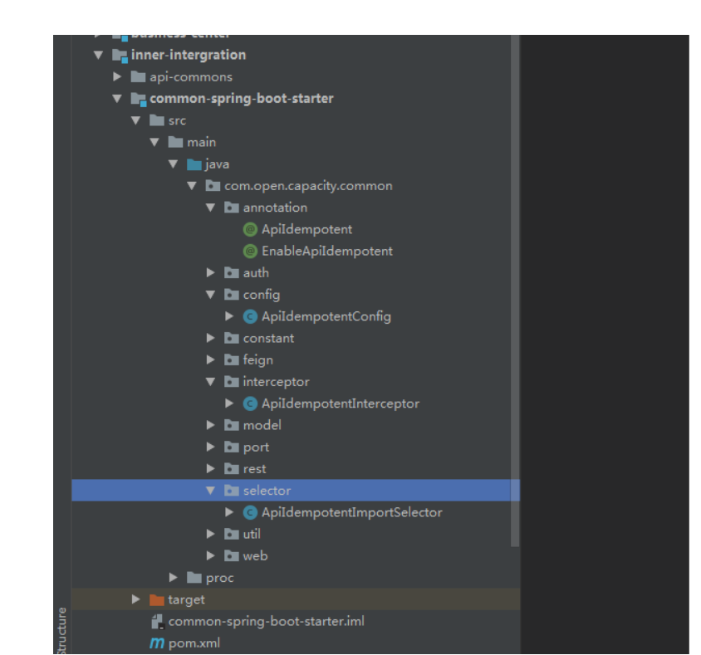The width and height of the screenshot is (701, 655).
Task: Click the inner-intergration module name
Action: (x=188, y=55)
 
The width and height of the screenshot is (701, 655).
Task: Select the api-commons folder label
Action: (x=191, y=77)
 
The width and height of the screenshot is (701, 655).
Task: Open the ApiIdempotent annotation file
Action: (x=306, y=229)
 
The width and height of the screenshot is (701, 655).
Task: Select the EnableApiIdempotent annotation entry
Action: (x=326, y=251)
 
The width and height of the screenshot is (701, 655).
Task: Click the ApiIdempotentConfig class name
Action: (x=326, y=316)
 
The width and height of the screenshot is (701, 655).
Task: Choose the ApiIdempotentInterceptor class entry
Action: (x=340, y=403)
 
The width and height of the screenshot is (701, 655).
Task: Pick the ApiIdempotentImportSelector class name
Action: (x=351, y=512)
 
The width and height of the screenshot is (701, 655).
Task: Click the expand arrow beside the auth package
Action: (x=211, y=272)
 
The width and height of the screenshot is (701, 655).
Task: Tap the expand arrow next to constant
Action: (x=211, y=338)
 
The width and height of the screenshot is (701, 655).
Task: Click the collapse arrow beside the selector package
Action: (x=211, y=491)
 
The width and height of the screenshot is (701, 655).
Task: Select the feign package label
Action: (x=257, y=359)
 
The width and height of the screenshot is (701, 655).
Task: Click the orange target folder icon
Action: (x=156, y=599)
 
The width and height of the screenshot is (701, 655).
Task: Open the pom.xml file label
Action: (x=194, y=643)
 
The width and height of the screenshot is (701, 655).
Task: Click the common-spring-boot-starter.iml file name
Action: (x=266, y=621)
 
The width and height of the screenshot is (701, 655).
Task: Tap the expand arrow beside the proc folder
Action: (x=174, y=577)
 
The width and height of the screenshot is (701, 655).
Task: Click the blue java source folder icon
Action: (x=194, y=164)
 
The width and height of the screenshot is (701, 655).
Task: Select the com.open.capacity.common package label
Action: (x=308, y=186)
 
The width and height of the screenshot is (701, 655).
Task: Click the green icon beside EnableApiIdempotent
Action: (x=250, y=251)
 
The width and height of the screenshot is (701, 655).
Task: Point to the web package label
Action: (x=255, y=555)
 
